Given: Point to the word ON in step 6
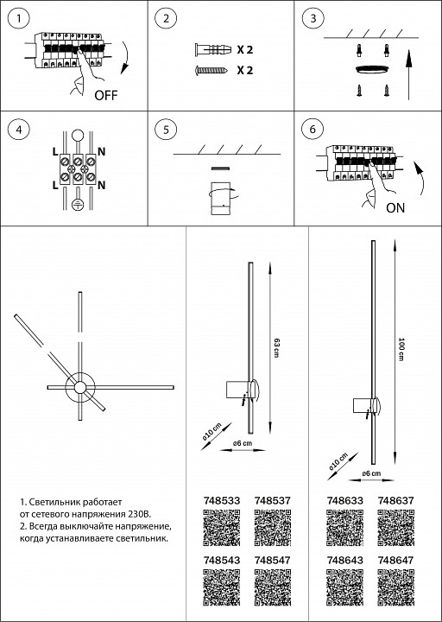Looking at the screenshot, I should pyautogui.click(x=395, y=208).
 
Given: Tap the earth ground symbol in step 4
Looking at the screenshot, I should pyautogui.click(x=78, y=205).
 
